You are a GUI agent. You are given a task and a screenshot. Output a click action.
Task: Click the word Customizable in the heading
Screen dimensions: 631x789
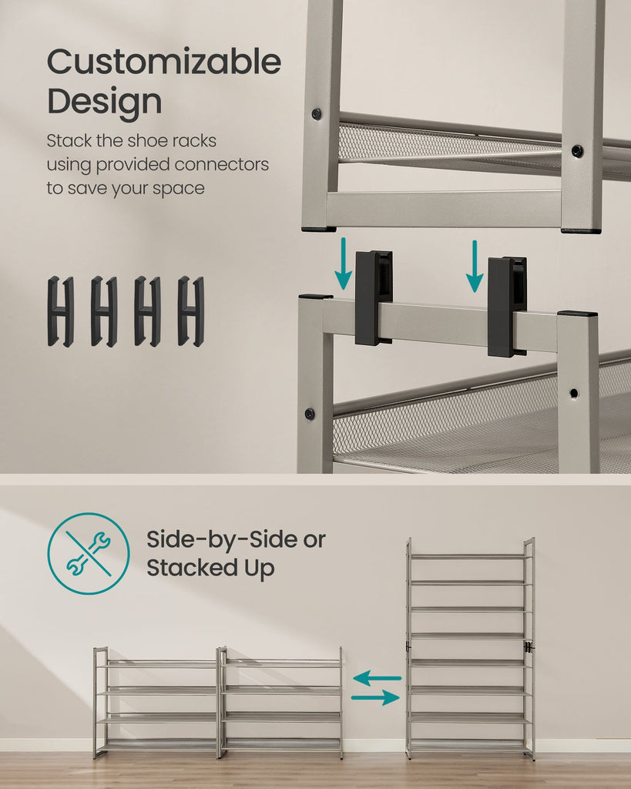pyautogui.click(x=164, y=62)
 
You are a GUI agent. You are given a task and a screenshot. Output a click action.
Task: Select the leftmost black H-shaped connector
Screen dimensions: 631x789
pyautogui.click(x=60, y=311)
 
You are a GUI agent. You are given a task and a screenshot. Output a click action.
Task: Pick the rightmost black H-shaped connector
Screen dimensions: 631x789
pyautogui.click(x=191, y=311)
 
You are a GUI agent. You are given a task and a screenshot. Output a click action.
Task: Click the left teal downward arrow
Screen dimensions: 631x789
pyautogui.click(x=343, y=264)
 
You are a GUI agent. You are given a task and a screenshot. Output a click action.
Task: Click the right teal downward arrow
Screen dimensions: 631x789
pyautogui.click(x=474, y=266)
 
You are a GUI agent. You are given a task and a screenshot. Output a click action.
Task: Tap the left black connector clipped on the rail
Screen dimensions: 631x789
pyautogui.click(x=374, y=298)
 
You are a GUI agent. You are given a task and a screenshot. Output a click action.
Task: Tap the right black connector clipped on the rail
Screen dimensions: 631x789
pyautogui.click(x=507, y=307)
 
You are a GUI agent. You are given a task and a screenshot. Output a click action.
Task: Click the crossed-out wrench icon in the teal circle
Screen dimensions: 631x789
pyautogui.click(x=89, y=553)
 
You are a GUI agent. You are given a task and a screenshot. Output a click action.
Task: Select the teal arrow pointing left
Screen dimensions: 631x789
pyautogui.click(x=377, y=678)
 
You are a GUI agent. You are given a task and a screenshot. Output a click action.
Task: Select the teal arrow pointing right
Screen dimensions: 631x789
pyautogui.click(x=375, y=697)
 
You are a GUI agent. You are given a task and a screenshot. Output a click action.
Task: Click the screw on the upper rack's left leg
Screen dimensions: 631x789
pyautogui.click(x=316, y=113)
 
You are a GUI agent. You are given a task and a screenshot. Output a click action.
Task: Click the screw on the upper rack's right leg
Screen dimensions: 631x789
pyautogui.click(x=577, y=150)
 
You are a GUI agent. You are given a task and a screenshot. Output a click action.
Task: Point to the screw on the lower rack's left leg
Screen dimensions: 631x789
pyautogui.click(x=310, y=414)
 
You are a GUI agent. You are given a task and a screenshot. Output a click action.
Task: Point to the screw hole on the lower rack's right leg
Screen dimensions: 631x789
pyautogui.click(x=574, y=392)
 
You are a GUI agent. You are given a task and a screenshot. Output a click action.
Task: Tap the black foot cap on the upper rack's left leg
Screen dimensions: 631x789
pyautogui.click(x=319, y=230)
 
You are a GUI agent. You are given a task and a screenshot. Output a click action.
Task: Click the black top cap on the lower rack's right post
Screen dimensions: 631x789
pyautogui.click(x=577, y=314)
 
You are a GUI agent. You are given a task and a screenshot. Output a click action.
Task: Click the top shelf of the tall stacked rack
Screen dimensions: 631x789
pyautogui.click(x=470, y=556)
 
